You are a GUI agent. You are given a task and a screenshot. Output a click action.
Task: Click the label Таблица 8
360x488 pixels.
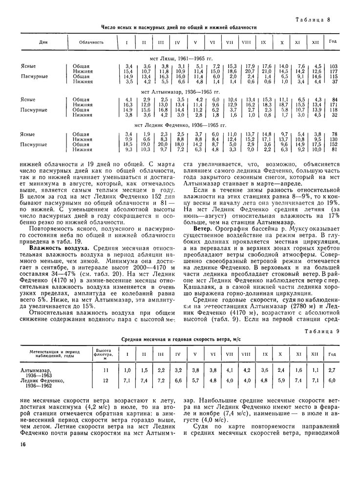(313, 19)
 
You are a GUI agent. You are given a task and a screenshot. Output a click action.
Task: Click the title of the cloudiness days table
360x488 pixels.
(179, 28)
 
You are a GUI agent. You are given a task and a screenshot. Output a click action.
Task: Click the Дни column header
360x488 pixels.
(42, 42)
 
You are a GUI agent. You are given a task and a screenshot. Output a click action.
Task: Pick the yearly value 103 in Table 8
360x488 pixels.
(334, 66)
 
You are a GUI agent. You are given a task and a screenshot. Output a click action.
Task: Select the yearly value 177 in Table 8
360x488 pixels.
(334, 71)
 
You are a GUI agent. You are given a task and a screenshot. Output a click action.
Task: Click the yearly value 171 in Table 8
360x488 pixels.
(334, 104)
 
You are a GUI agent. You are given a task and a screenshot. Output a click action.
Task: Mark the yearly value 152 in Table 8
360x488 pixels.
(334, 144)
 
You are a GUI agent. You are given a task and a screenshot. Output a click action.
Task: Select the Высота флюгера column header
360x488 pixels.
(103, 354)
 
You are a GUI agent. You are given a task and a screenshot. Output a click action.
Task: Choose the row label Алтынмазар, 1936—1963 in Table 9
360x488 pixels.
(37, 373)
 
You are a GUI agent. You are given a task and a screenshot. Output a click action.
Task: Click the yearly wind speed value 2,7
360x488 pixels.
(332, 371)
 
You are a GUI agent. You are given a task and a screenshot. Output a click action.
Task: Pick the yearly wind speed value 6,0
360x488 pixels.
(332, 380)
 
